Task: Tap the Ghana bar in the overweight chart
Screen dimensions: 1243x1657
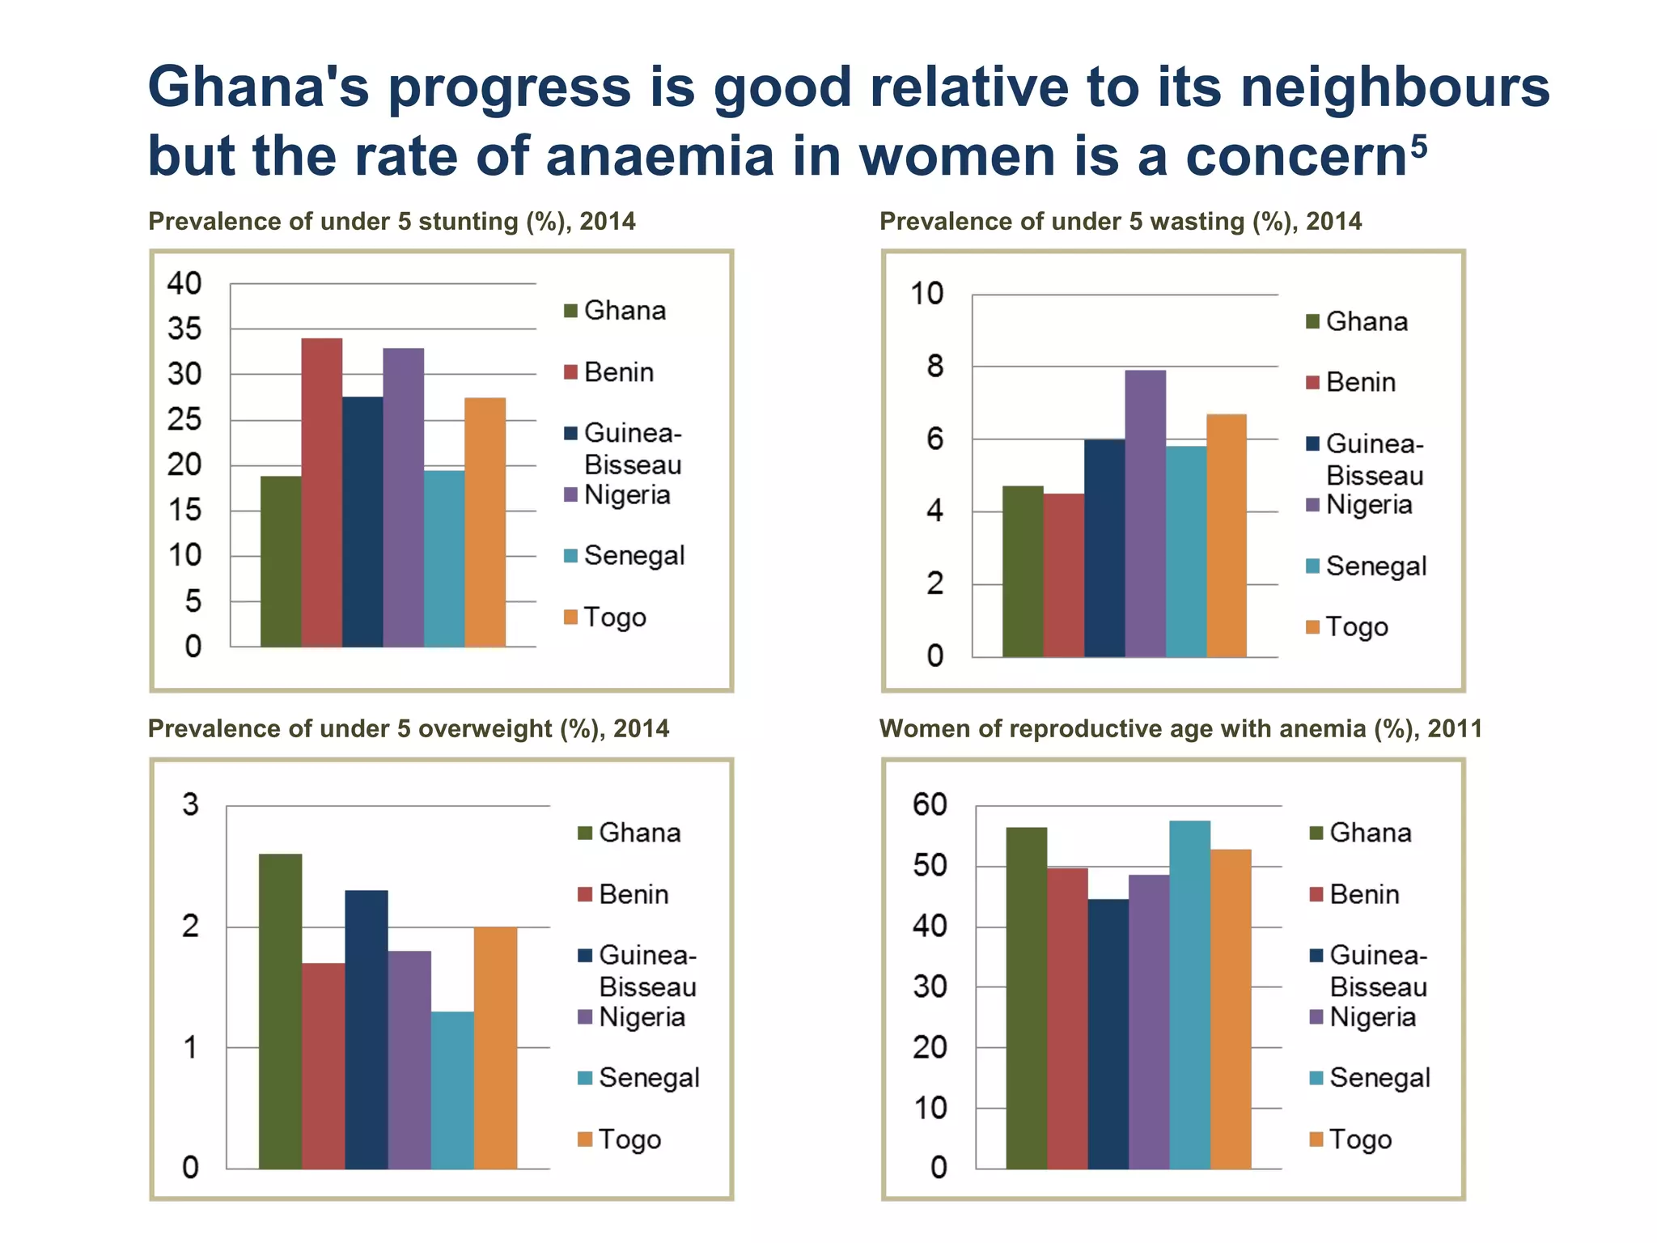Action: pyautogui.click(x=280, y=1011)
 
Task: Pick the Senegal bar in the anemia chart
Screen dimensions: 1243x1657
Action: pyautogui.click(x=1189, y=995)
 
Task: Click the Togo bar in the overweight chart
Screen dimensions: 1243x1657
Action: pyautogui.click(x=495, y=1047)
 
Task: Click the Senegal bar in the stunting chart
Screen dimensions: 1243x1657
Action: pyautogui.click(x=444, y=558)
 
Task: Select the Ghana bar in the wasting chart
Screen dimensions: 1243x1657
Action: pyautogui.click(x=1023, y=571)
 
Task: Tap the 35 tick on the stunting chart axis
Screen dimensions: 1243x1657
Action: pyautogui.click(x=184, y=329)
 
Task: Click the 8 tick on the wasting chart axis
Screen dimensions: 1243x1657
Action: pyautogui.click(x=935, y=367)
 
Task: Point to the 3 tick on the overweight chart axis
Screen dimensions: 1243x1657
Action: pyautogui.click(x=190, y=804)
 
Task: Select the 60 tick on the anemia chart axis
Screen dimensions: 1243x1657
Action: pyautogui.click(x=930, y=804)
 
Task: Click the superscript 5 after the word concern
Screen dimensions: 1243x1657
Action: pyautogui.click(x=1419, y=147)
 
